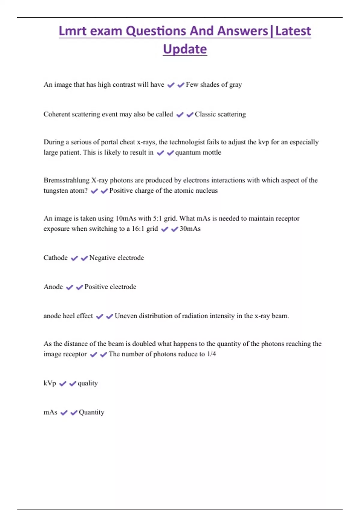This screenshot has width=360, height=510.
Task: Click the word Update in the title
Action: click(x=185, y=49)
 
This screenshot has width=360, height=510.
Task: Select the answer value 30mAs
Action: click(x=190, y=229)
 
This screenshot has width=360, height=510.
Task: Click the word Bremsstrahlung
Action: click(x=66, y=180)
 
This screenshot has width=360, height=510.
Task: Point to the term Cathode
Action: click(x=55, y=258)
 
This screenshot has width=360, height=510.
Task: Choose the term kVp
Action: click(x=50, y=383)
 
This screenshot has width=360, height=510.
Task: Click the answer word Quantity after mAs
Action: click(x=91, y=412)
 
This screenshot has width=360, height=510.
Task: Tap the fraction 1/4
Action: click(x=211, y=354)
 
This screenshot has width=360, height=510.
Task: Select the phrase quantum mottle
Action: click(x=198, y=152)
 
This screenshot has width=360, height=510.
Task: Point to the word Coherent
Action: click(x=57, y=114)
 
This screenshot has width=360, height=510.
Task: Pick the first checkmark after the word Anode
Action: click(x=70, y=287)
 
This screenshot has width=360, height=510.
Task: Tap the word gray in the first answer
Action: click(x=235, y=85)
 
